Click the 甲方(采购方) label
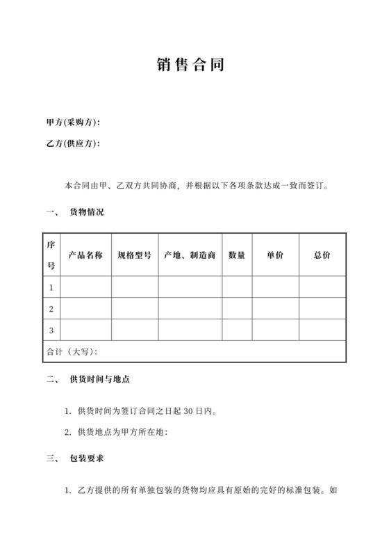73,122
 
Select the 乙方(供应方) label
73,144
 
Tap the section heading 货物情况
87,211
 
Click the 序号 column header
51,255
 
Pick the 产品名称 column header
86,255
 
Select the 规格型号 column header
135,255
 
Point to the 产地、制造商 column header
190,255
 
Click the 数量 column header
237,255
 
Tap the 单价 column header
275,255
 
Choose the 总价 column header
322,255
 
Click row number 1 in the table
51,287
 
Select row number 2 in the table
51,308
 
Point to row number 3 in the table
51,330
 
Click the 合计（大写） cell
72,351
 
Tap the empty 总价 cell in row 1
322,287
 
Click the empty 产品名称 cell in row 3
86,330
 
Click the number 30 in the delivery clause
188,411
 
